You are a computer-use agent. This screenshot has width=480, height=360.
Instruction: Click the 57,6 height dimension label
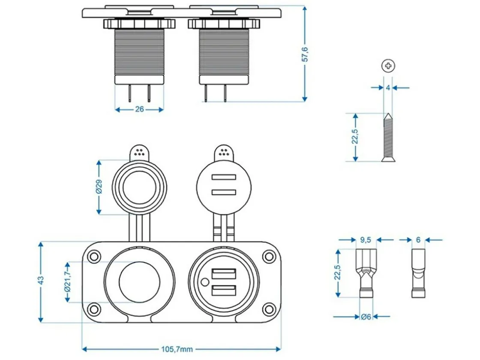tap(305, 54)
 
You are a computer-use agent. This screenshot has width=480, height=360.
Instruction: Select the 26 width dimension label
tap(139, 109)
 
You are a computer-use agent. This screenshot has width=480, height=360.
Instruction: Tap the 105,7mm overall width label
tap(177, 349)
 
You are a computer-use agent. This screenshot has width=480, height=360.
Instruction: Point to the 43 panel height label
tap(40, 280)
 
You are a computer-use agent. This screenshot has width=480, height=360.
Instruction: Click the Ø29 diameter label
tap(99, 187)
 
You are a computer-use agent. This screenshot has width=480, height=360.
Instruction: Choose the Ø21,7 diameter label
tap(67, 282)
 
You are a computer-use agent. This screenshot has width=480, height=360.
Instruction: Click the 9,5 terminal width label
tap(366, 240)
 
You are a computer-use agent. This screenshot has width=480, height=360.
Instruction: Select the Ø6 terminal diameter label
tap(366, 317)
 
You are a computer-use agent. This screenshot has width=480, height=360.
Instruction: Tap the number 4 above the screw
tap(388, 88)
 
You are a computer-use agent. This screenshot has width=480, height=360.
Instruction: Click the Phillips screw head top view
tap(388, 66)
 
